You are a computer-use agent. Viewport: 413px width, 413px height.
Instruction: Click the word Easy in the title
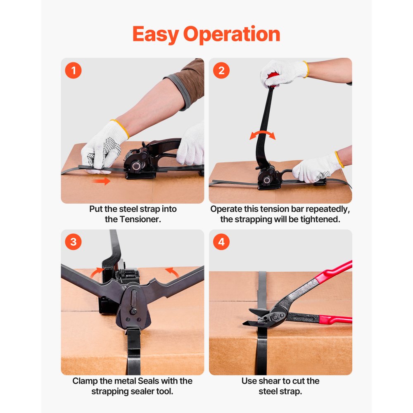(155, 35)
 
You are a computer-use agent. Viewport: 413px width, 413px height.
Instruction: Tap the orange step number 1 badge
(74, 71)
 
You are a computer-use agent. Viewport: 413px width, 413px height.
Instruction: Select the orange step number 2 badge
(221, 71)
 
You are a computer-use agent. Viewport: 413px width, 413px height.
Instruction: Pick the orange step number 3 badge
(74, 242)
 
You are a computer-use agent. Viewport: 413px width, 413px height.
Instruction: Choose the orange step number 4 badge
(221, 242)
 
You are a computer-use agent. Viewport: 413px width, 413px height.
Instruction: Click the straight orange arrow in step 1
(101, 181)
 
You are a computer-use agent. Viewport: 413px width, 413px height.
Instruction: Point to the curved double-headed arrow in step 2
(262, 135)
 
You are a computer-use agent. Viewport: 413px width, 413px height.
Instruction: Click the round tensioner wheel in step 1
(136, 166)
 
